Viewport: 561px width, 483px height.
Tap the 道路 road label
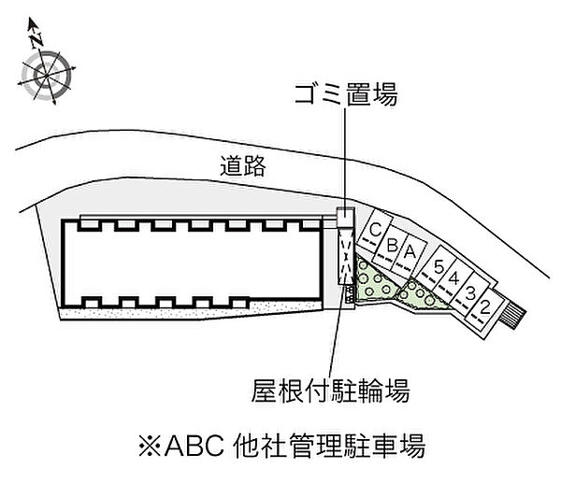tap(243, 166)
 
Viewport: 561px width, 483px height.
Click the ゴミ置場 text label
tap(346, 94)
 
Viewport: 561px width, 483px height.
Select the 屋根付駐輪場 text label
tap(330, 391)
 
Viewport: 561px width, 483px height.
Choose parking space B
tap(391, 247)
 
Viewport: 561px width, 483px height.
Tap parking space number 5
tap(438, 267)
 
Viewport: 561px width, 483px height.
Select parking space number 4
tap(453, 278)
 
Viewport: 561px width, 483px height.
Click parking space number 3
tap(469, 293)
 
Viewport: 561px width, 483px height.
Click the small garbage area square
tap(345, 217)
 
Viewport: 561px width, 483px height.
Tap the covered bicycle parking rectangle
tap(346, 256)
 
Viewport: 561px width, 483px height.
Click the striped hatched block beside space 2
tap(512, 313)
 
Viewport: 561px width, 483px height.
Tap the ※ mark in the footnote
tap(150, 445)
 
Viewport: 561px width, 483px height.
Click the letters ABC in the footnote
tap(194, 445)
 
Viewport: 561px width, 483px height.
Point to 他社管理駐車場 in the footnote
tap(329, 446)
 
